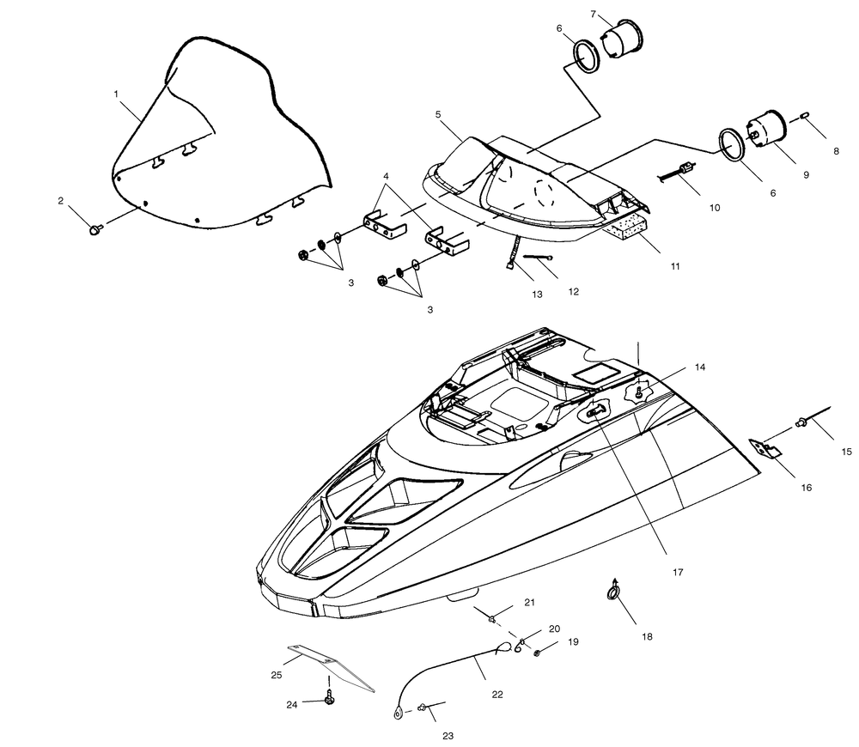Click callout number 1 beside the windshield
point(116,94)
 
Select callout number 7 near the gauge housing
point(594,15)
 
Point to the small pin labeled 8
point(806,115)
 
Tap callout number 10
point(715,208)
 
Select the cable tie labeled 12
point(538,257)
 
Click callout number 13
point(537,295)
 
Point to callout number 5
point(438,114)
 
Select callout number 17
point(678,573)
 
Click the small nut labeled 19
point(538,653)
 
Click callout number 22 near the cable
point(497,695)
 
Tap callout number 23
point(448,736)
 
